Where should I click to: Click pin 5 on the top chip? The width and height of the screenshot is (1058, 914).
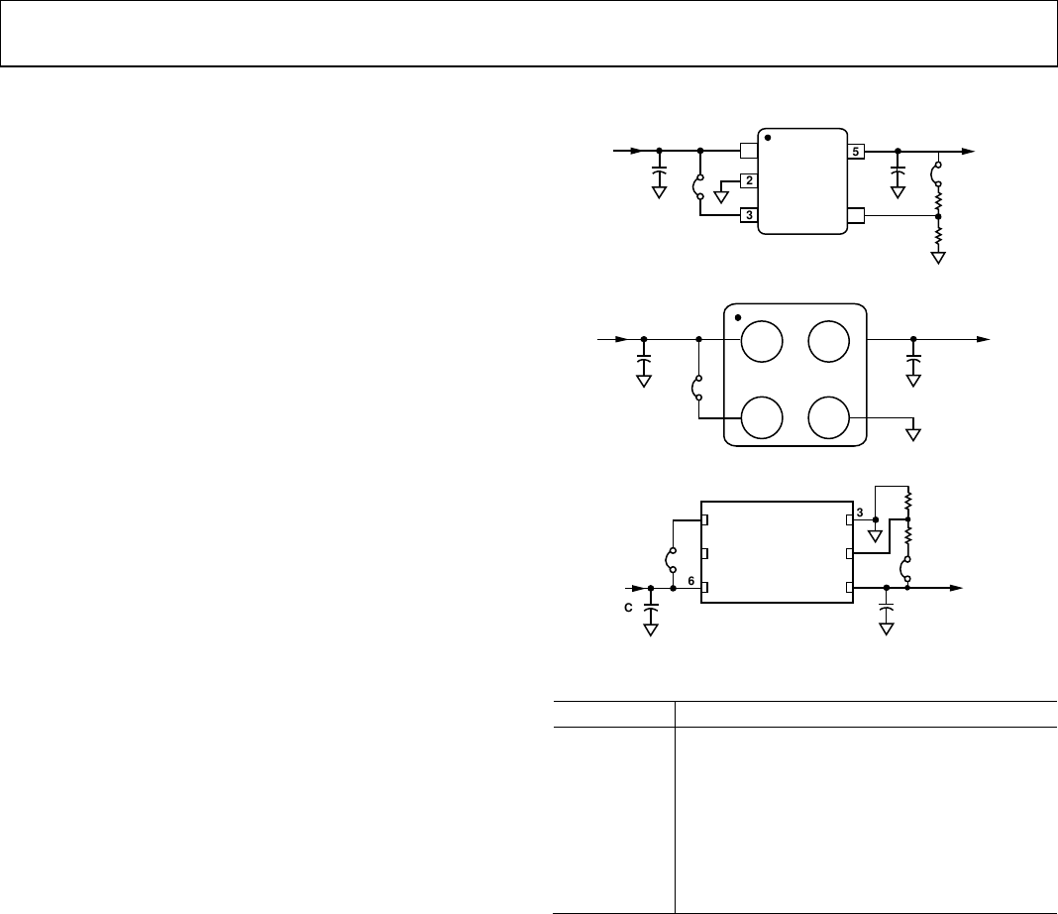coord(856,152)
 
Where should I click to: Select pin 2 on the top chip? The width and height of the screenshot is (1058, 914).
coord(749,180)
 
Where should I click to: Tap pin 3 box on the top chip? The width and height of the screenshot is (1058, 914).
coord(749,215)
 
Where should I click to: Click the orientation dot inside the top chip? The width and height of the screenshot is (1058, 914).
coord(768,138)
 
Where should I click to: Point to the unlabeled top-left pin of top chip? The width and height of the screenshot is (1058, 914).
coord(749,151)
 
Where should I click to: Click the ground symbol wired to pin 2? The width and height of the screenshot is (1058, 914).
coord(721,197)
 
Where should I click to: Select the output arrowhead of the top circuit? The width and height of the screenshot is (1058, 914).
coord(968,152)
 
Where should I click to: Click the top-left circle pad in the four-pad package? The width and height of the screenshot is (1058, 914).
coord(762,342)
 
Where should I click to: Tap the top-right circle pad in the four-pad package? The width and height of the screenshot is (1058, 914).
coord(828,342)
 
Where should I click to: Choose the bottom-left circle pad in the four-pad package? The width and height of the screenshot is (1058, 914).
coord(762,418)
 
